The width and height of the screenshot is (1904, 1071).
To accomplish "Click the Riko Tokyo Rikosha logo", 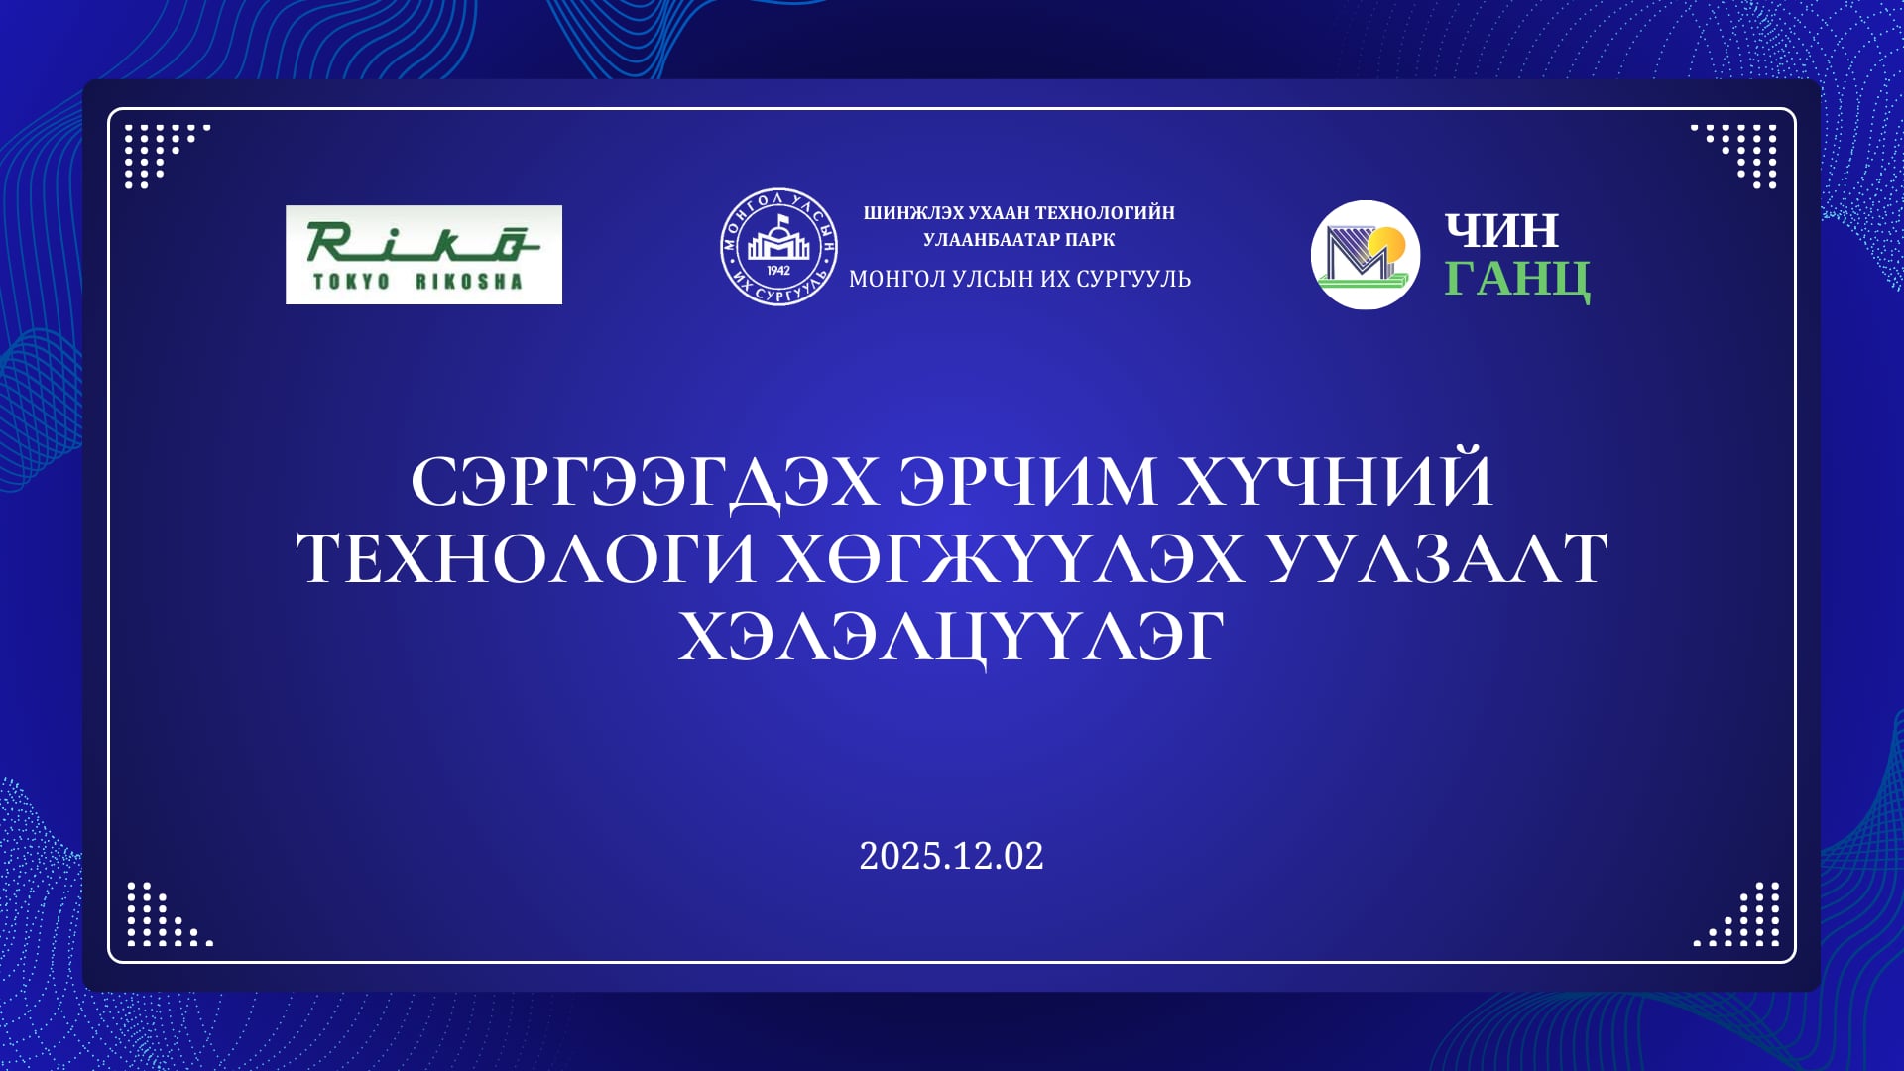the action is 423,255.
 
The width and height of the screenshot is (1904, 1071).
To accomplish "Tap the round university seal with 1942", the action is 778,247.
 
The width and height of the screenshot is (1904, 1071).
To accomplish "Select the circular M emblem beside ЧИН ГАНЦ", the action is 1366,255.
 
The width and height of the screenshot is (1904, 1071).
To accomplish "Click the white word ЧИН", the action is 1501,231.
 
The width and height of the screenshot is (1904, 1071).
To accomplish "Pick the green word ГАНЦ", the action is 1517,280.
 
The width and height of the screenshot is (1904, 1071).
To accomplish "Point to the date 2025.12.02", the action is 951,856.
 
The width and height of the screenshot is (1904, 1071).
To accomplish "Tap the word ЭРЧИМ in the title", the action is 1027,482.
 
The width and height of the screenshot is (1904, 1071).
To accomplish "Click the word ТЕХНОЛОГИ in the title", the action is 527,558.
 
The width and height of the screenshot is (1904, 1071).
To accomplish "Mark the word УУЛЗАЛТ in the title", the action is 1436,558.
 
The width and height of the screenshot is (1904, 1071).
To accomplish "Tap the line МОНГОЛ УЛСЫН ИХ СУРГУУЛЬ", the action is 1019,279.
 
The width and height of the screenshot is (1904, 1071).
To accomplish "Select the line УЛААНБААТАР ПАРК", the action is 1018,240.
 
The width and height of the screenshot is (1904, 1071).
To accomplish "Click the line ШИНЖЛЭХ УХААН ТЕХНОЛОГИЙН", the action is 1018,213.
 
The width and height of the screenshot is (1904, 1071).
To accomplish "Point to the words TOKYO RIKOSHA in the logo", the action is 417,282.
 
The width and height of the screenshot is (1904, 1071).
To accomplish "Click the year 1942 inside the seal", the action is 778,271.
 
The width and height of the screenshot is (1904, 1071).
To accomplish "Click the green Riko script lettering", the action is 423,242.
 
